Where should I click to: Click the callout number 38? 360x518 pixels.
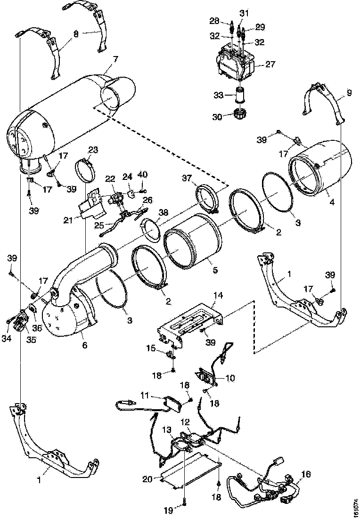click(163, 212)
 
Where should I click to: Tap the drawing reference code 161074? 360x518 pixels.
click(354, 504)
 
